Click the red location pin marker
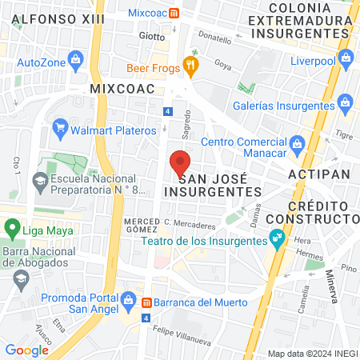180,164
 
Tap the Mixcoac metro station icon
186,14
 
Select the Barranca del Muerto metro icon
146,302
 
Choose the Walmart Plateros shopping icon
58,126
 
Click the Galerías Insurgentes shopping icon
346,102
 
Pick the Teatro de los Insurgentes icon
277,237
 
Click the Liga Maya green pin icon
10,229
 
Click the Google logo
26,350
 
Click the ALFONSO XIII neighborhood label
50,18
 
